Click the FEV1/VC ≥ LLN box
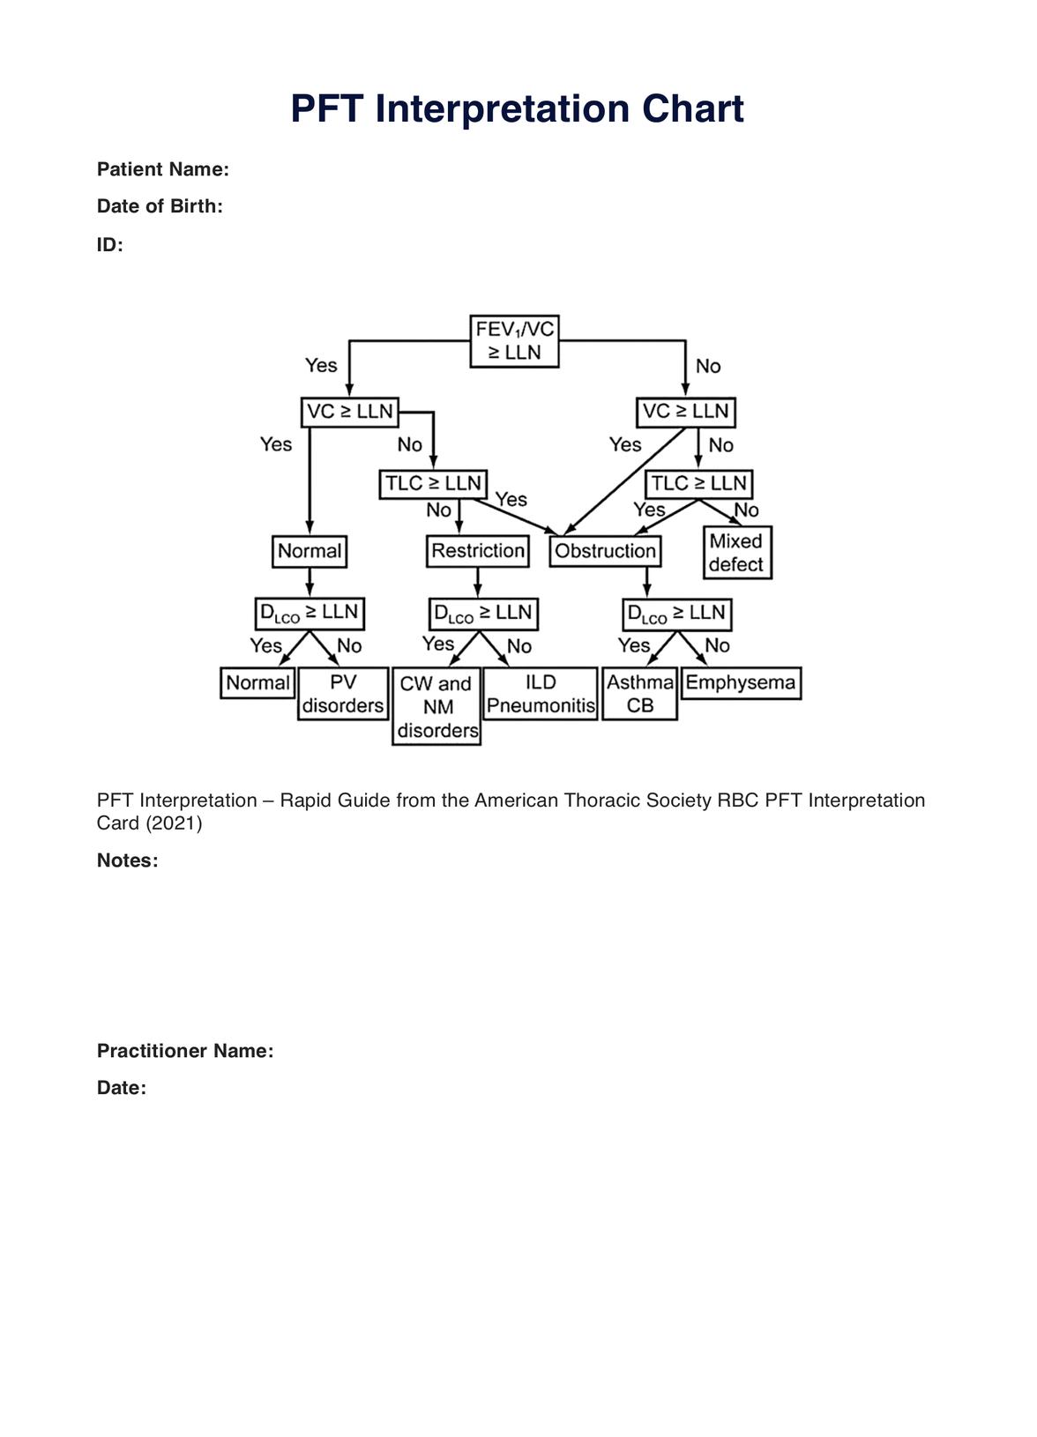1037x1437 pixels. tap(515, 341)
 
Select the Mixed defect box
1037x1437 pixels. tap(737, 553)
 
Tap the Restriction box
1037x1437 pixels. tap(478, 552)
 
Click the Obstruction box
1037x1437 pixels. tap(605, 552)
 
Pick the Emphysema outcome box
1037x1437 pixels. tap(741, 683)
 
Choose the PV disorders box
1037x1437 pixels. tap(343, 695)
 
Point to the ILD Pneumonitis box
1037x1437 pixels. tap(541, 695)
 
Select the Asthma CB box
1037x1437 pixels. tap(640, 695)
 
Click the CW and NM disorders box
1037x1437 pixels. tap(436, 707)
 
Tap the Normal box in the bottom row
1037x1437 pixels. tap(257, 683)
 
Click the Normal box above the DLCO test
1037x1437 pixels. tap(310, 552)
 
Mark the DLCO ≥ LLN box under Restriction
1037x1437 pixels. tap(483, 614)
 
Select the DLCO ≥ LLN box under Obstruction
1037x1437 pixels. tap(676, 614)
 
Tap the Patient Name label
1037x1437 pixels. tap(163, 169)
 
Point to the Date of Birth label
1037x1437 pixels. tap(160, 206)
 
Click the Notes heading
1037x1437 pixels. tap(128, 860)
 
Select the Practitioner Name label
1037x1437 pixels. tap(185, 1051)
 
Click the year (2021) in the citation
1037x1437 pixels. tap(174, 823)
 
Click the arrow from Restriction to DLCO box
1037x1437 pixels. tap(478, 582)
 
